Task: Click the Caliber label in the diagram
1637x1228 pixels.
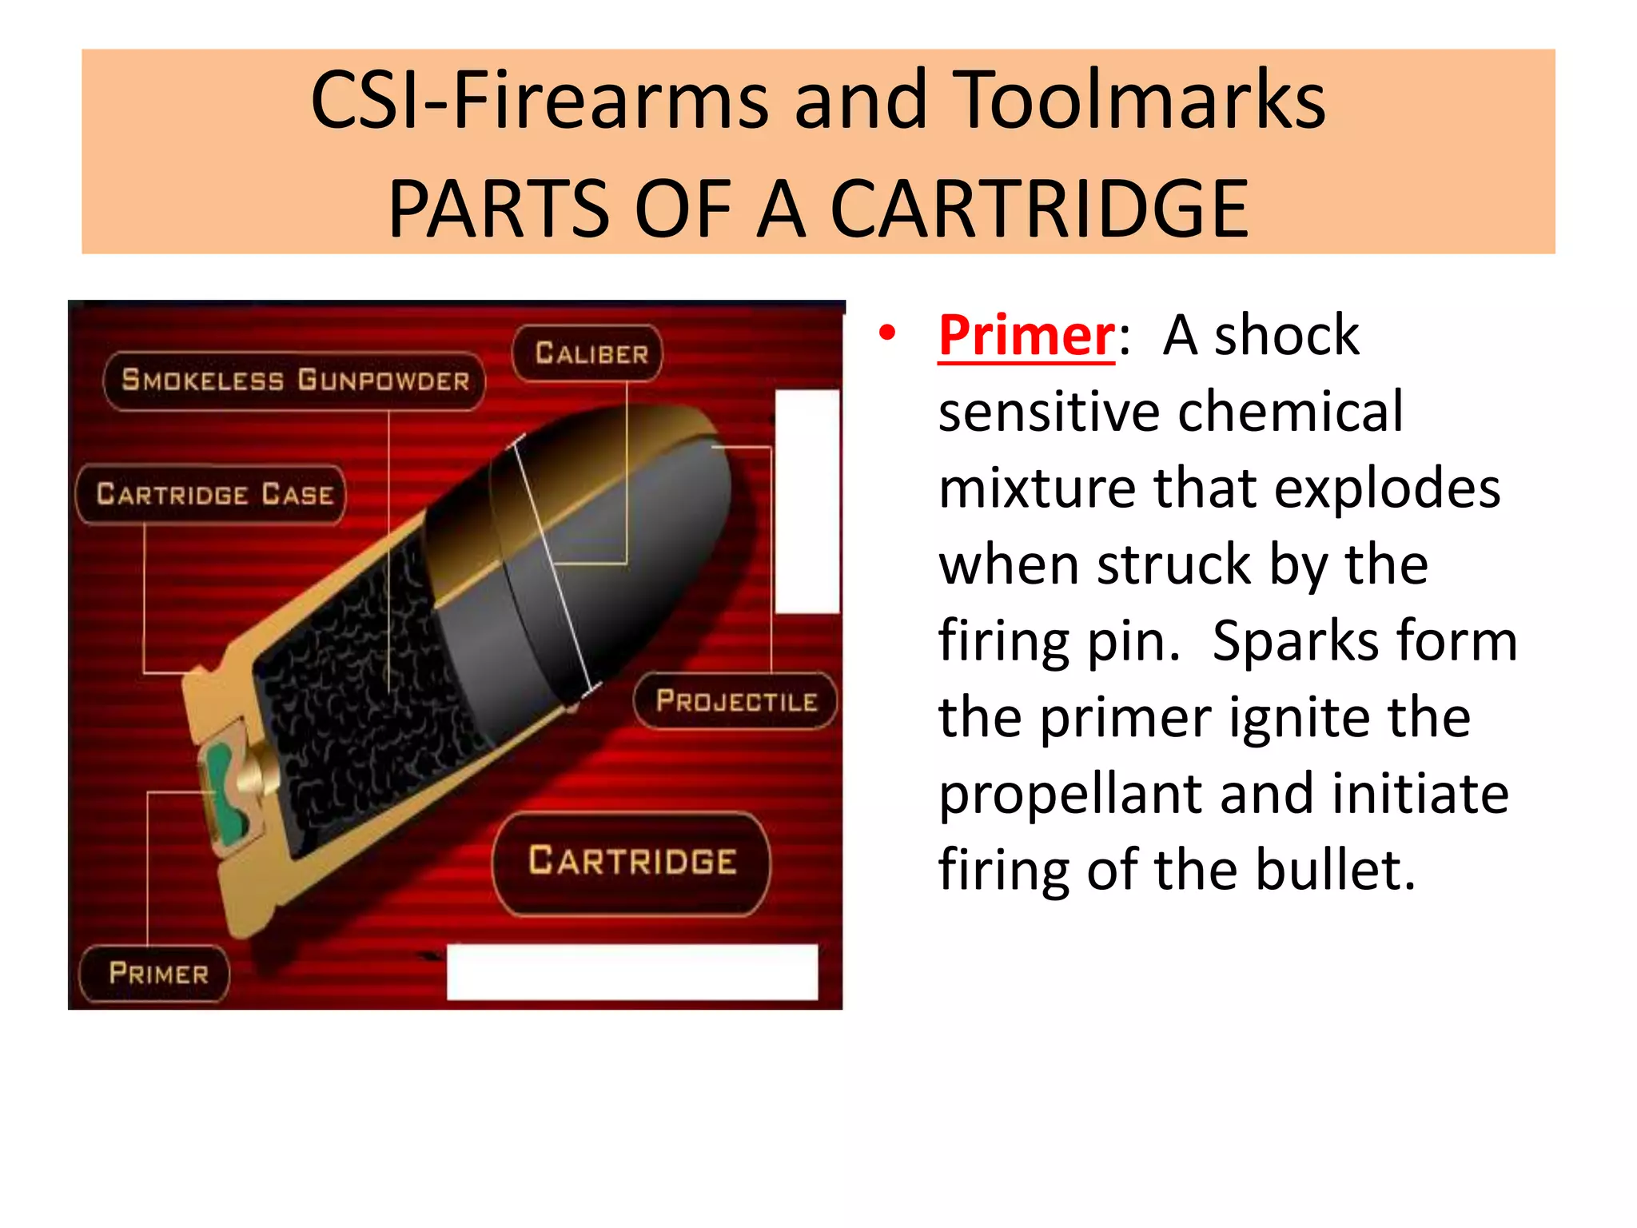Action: (591, 353)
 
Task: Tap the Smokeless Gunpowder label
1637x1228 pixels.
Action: (295, 381)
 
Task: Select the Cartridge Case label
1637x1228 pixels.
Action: (213, 494)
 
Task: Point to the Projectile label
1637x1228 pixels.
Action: (736, 701)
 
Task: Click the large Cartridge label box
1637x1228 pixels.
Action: (631, 862)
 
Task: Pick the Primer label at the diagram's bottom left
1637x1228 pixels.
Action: (157, 974)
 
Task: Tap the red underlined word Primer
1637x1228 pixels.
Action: (1026, 336)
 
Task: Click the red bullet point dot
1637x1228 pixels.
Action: (886, 334)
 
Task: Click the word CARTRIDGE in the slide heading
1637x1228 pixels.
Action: (1038, 209)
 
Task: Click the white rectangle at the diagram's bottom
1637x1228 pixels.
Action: (631, 971)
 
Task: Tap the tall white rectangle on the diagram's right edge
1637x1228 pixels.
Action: (807, 501)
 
